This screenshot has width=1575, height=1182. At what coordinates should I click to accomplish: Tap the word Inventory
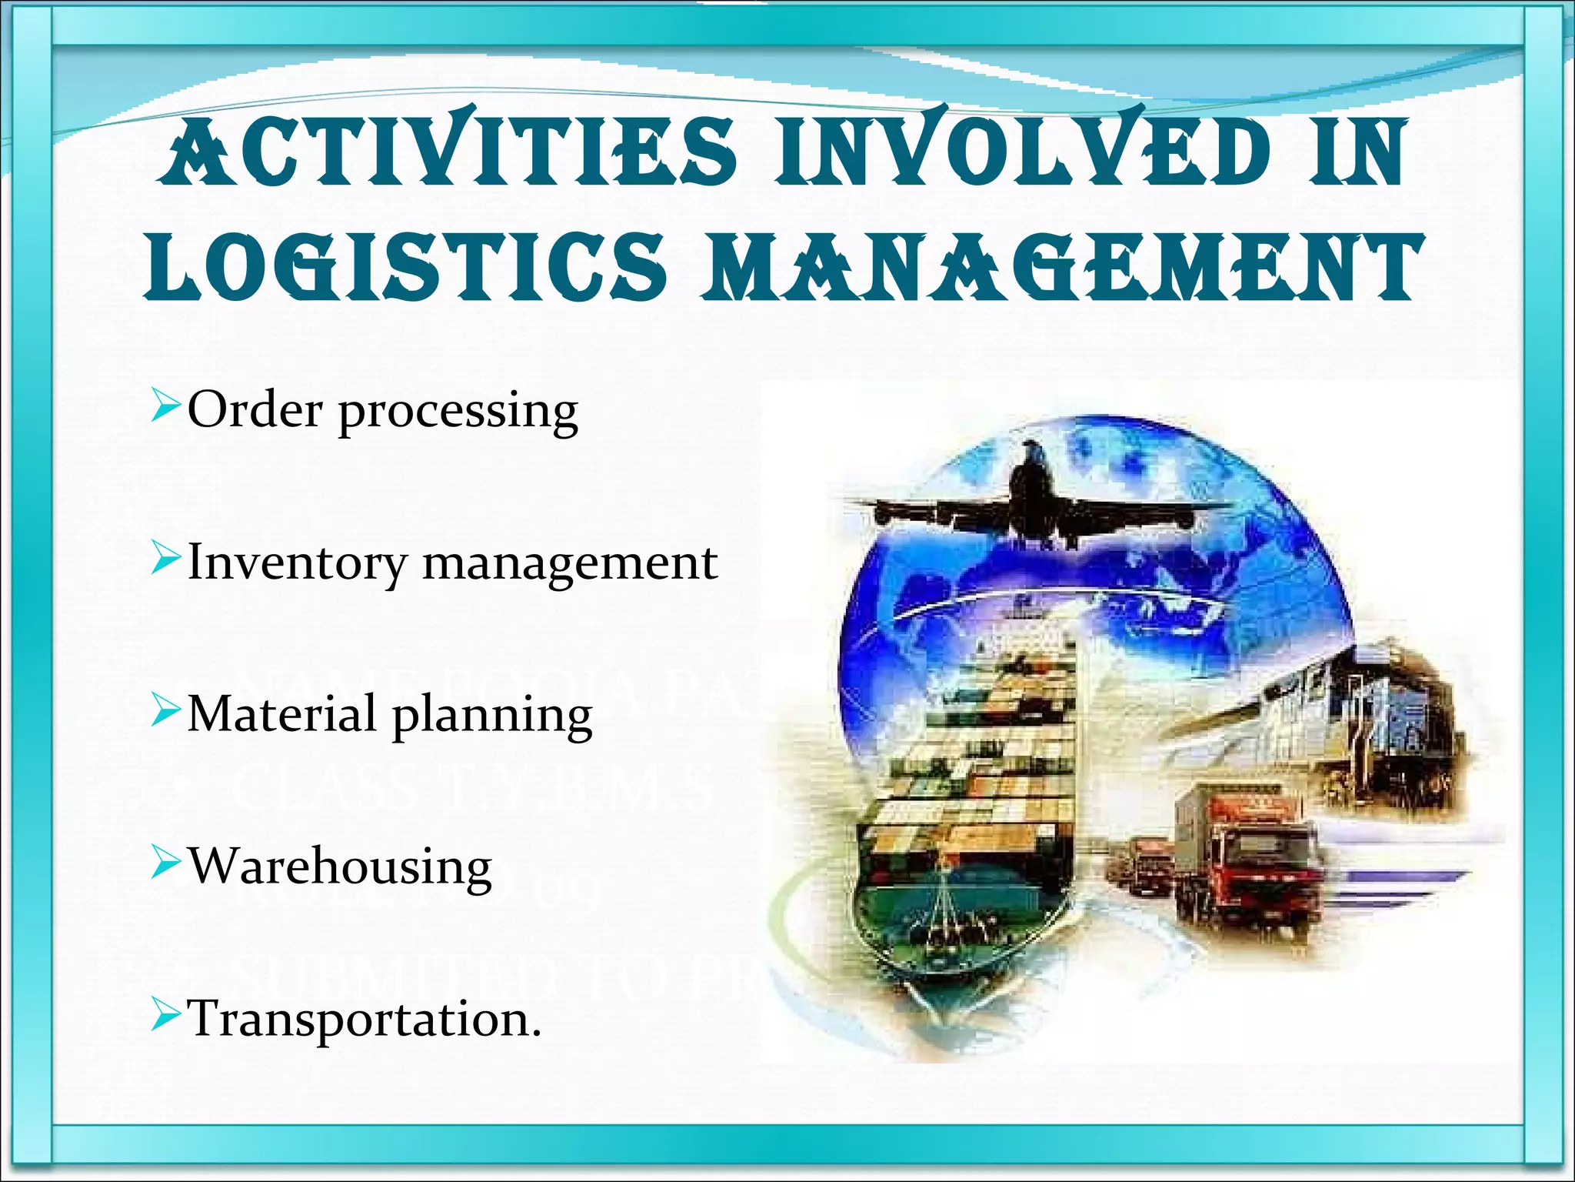(x=297, y=563)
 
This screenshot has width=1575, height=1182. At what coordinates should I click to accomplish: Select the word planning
(x=492, y=716)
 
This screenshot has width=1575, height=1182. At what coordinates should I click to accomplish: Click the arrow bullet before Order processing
(x=165, y=406)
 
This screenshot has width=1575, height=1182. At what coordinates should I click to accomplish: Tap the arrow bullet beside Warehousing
(x=165, y=862)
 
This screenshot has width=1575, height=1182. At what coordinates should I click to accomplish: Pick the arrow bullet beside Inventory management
(x=165, y=558)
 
